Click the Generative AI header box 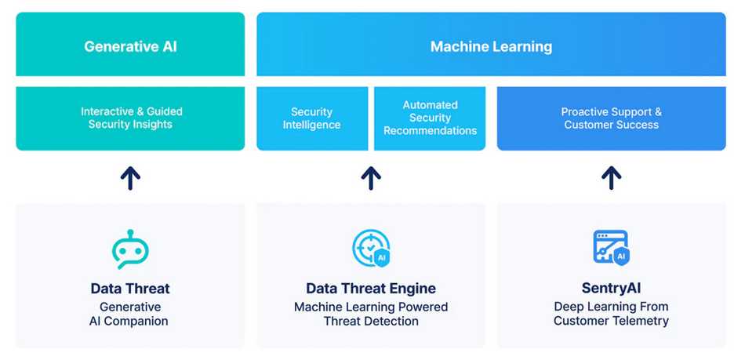[130, 44]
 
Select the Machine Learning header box [491, 44]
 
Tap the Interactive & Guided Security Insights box [130, 118]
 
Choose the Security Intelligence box [312, 118]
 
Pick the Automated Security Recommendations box [430, 118]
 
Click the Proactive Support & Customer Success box [612, 118]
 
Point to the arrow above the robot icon [130, 179]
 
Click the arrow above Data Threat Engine [371, 179]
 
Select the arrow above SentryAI [612, 179]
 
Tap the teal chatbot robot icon [130, 249]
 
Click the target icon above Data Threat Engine [371, 248]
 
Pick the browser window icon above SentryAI [612, 248]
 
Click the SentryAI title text [612, 289]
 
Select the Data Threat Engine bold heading [371, 289]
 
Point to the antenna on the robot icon [130, 234]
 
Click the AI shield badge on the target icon [381, 258]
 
